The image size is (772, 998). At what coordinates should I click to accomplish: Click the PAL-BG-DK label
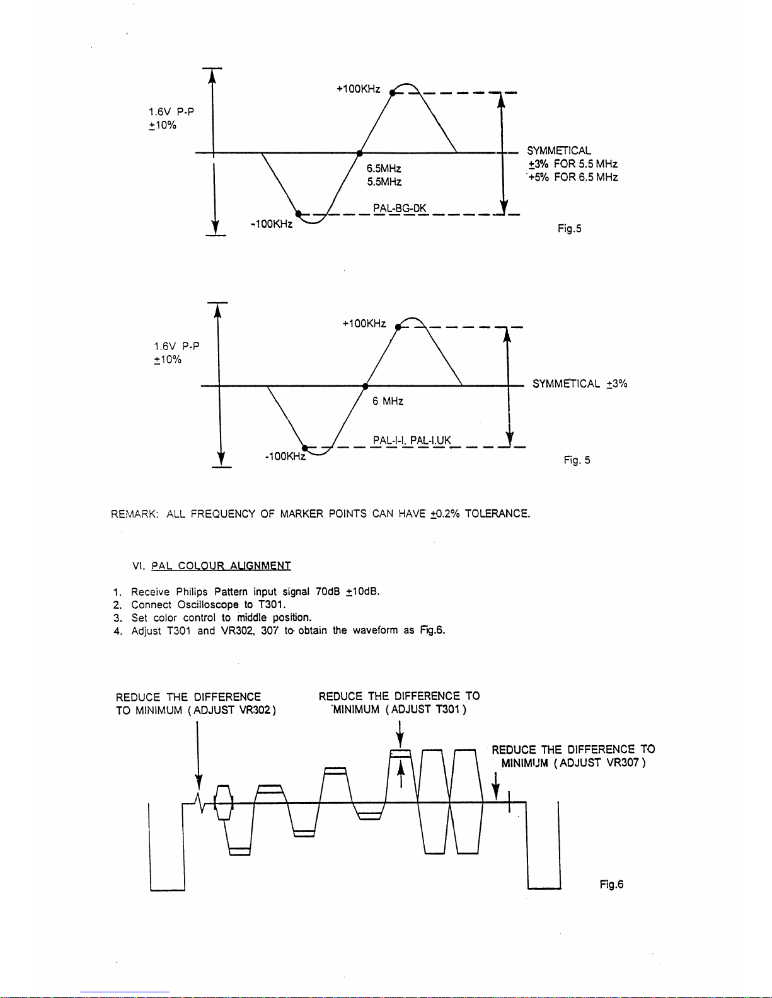pyautogui.click(x=400, y=208)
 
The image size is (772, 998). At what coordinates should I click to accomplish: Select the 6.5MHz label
pyautogui.click(x=384, y=169)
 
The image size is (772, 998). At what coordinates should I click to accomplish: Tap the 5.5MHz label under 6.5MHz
pyautogui.click(x=384, y=182)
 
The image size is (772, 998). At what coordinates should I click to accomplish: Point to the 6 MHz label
pyautogui.click(x=388, y=401)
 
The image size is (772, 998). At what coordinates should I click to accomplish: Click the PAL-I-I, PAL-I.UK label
pyautogui.click(x=412, y=440)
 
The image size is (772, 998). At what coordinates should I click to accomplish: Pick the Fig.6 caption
pyautogui.click(x=611, y=884)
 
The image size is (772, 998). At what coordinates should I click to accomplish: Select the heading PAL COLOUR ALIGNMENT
pyautogui.click(x=221, y=565)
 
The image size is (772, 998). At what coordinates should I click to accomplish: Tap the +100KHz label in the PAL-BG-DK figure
pyautogui.click(x=358, y=89)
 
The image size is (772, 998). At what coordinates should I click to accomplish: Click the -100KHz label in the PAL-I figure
pyautogui.click(x=285, y=456)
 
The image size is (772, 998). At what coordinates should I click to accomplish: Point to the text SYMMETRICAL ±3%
pyautogui.click(x=580, y=383)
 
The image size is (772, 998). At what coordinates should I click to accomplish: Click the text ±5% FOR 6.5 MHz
pyautogui.click(x=573, y=178)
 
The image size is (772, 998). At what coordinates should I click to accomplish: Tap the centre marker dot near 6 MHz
pyautogui.click(x=365, y=385)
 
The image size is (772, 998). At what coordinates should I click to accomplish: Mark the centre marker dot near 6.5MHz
pyautogui.click(x=359, y=152)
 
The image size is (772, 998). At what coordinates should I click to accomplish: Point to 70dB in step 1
pyautogui.click(x=328, y=591)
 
